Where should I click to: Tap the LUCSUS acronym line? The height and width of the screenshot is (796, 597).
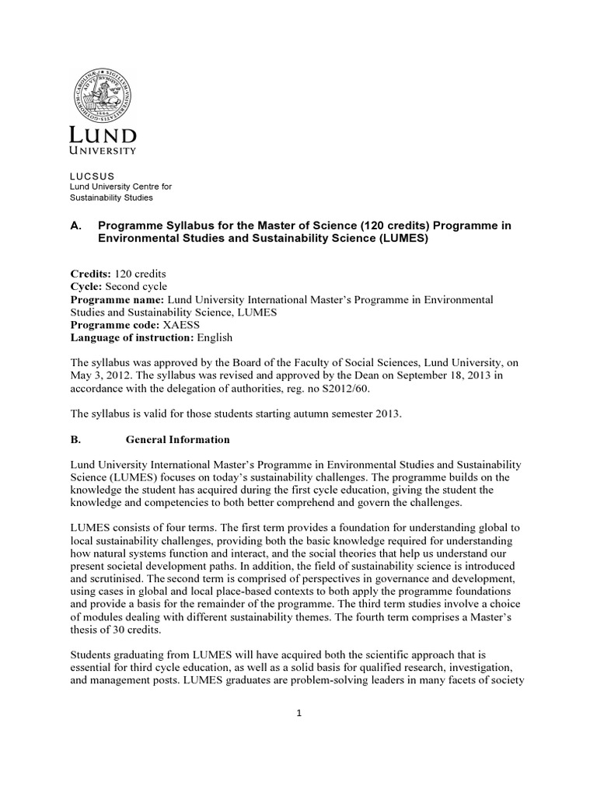pyautogui.click(x=92, y=176)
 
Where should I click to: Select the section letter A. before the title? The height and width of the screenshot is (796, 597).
pyautogui.click(x=76, y=225)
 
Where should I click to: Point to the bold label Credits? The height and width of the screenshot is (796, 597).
pyautogui.click(x=91, y=274)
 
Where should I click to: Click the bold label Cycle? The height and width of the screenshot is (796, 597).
pyautogui.click(x=86, y=286)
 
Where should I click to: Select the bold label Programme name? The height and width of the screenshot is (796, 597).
pyautogui.click(x=117, y=299)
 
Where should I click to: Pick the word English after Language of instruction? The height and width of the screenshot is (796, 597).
pyautogui.click(x=215, y=338)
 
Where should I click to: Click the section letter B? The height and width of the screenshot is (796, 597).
pyautogui.click(x=75, y=439)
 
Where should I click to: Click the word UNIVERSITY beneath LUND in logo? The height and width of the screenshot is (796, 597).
pyautogui.click(x=103, y=150)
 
